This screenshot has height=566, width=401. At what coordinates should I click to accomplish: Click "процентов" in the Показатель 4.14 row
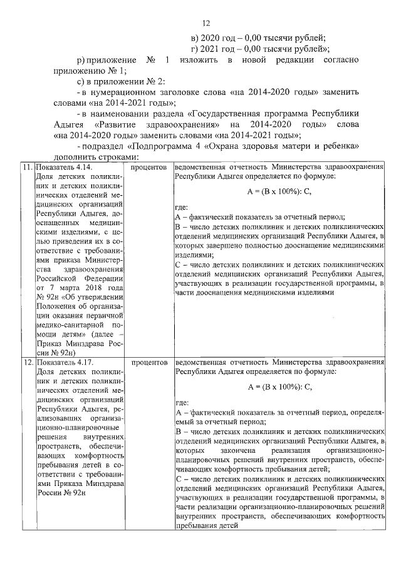[x=149, y=168]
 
